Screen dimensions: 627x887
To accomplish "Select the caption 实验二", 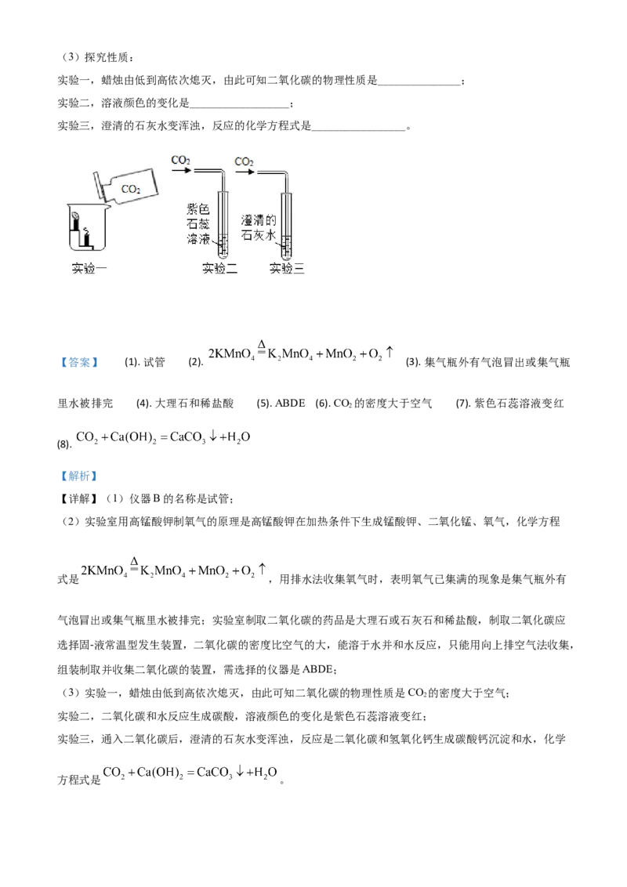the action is tap(219, 269).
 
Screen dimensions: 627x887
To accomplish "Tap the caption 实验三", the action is tap(287, 269).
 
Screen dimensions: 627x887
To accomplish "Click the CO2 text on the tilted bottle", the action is tap(131, 189).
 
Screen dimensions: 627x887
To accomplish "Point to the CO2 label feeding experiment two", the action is tap(181, 161).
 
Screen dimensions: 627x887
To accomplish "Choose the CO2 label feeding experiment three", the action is tap(245, 161).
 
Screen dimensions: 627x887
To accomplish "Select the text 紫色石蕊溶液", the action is tap(199, 223).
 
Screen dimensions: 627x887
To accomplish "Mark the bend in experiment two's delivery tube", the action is tap(223, 173).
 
